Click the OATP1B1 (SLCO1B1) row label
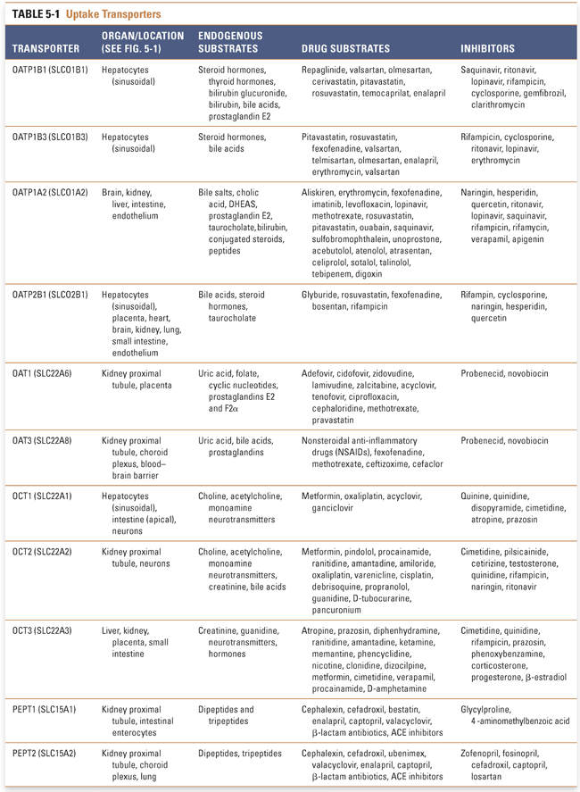point(50,70)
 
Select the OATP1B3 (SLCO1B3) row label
point(50,138)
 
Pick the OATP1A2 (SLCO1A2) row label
point(50,192)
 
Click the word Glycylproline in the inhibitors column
point(486,710)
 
